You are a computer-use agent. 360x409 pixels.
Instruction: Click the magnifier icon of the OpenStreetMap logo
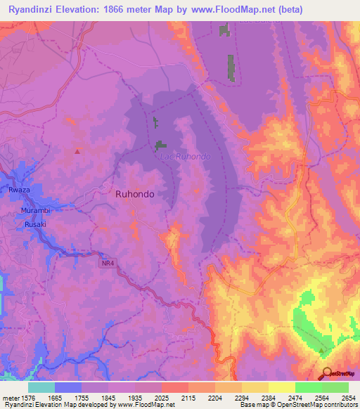[327, 373]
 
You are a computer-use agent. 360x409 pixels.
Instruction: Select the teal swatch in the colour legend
[41, 387]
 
